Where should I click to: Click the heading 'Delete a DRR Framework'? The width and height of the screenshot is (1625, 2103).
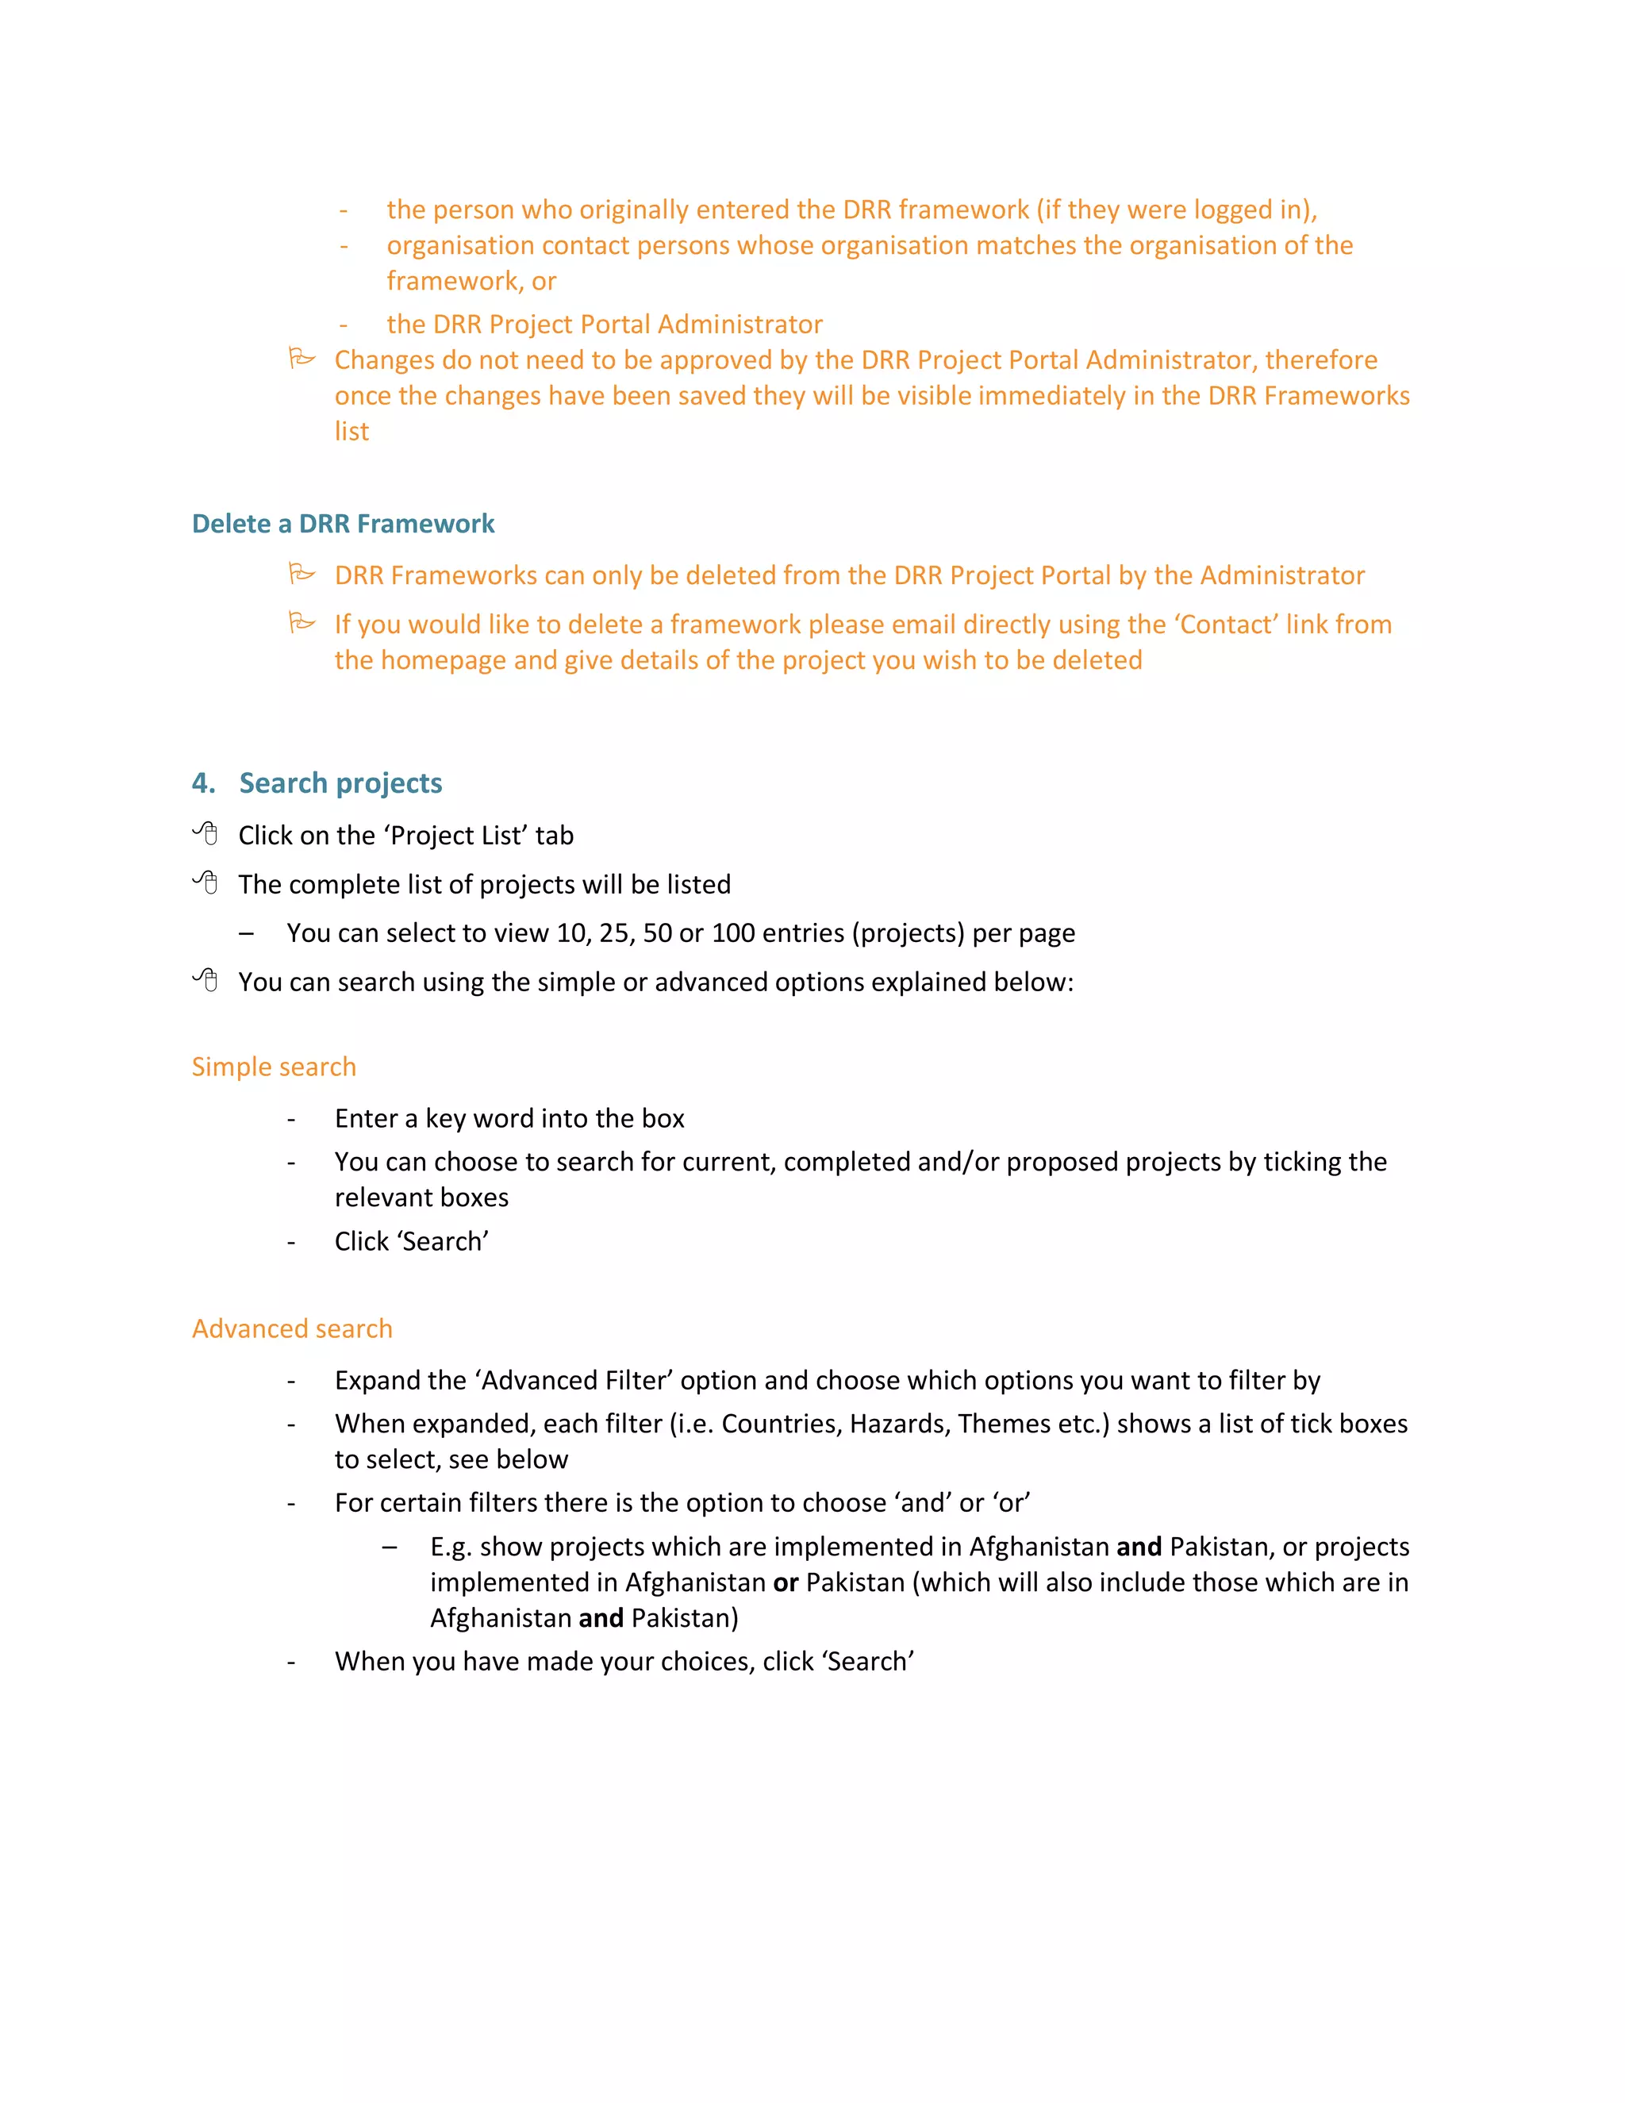343,524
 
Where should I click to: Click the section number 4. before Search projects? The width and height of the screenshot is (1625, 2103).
203,782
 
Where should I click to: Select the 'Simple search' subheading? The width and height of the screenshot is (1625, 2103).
274,1067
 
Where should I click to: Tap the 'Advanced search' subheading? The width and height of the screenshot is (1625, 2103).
292,1328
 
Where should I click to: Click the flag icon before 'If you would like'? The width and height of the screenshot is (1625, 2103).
302,623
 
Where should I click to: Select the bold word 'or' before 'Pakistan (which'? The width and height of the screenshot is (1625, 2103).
786,1582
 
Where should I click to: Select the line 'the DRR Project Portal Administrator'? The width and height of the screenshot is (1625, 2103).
604,325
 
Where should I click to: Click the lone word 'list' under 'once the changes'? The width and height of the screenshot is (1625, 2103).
352,432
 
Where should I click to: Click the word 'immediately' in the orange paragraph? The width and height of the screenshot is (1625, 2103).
1044,396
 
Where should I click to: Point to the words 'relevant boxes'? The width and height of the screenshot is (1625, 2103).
421,1198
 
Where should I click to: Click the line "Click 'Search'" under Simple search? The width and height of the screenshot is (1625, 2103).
411,1242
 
